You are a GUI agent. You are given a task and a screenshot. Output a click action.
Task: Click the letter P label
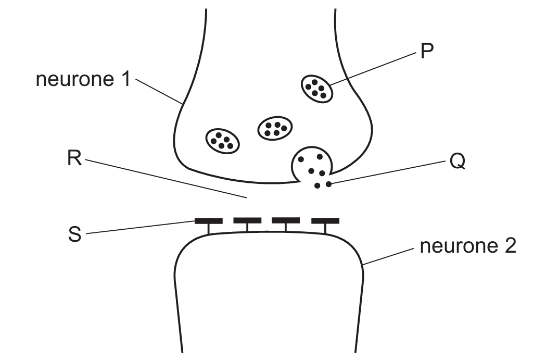pyautogui.click(x=427, y=52)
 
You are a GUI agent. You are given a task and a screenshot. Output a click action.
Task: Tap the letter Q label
pyautogui.click(x=458, y=162)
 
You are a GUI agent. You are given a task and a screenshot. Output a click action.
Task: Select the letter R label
pyautogui.click(x=75, y=159)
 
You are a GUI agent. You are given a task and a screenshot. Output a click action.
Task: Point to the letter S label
pyautogui.click(x=75, y=234)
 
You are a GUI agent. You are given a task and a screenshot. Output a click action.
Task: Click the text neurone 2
pyautogui.click(x=467, y=246)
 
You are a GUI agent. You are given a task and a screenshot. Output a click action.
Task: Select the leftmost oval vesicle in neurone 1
pyautogui.click(x=223, y=140)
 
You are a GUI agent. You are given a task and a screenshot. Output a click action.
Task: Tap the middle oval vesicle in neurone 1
pyautogui.click(x=275, y=127)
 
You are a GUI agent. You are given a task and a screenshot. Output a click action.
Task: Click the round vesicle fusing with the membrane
pyautogui.click(x=313, y=164)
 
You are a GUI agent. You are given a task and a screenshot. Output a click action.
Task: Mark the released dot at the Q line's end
pyautogui.click(x=328, y=183)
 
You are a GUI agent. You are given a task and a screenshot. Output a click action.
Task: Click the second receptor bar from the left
pyautogui.click(x=247, y=221)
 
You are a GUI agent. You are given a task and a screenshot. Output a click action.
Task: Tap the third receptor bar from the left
pyautogui.click(x=286, y=221)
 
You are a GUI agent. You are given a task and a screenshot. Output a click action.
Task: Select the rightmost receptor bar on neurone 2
pyautogui.click(x=325, y=221)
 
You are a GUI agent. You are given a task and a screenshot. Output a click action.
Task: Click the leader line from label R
pyautogui.click(x=167, y=179)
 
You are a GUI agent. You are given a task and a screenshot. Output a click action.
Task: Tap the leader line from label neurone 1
pyautogui.click(x=159, y=91)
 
